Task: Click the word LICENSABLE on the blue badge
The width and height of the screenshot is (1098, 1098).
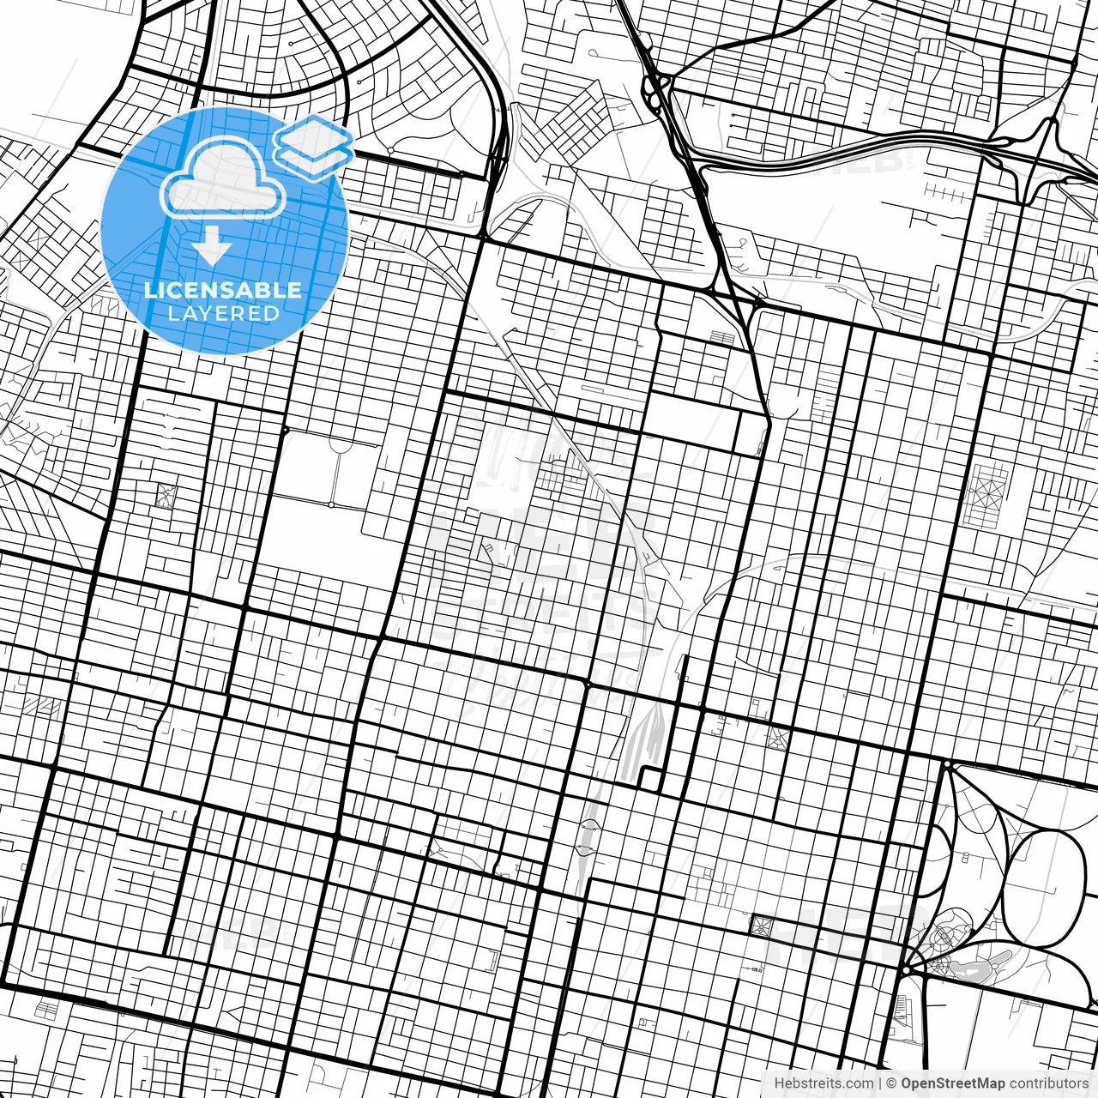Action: pyautogui.click(x=223, y=290)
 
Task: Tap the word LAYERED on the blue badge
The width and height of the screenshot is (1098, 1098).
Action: pyautogui.click(x=223, y=314)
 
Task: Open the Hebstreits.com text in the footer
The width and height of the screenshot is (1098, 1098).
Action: pyautogui.click(x=823, y=1083)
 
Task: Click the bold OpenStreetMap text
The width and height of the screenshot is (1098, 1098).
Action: pyautogui.click(x=953, y=1083)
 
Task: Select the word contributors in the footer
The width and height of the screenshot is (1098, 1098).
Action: pyautogui.click(x=1048, y=1083)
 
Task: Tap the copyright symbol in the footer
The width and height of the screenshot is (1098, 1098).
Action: pyautogui.click(x=891, y=1083)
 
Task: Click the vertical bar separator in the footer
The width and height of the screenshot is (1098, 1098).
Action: pyautogui.click(x=880, y=1083)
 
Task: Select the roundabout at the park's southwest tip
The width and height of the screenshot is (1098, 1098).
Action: pyautogui.click(x=906, y=969)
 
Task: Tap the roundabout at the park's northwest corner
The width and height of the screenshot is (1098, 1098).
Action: pyautogui.click(x=947, y=764)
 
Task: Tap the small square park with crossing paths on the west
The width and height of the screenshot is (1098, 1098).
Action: pyautogui.click(x=165, y=495)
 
